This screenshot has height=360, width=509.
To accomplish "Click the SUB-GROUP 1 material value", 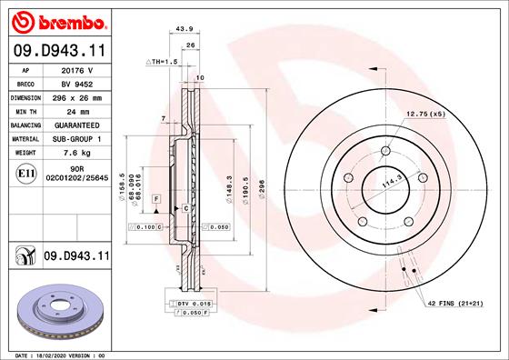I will pos(76,139).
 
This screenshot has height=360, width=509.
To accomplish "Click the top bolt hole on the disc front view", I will pos(385,150).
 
